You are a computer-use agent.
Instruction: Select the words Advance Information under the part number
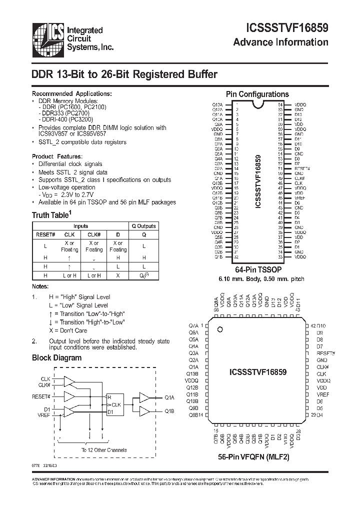(x=280, y=42)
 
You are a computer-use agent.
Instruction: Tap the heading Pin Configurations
(x=257, y=94)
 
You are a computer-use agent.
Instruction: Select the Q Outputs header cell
(x=144, y=226)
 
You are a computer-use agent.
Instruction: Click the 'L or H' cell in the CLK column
(x=69, y=275)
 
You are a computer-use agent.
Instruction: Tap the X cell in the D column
(x=118, y=275)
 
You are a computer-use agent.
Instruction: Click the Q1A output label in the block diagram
(x=169, y=397)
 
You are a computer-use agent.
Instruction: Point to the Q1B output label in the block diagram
(x=169, y=412)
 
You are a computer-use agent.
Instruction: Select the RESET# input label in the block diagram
(x=41, y=396)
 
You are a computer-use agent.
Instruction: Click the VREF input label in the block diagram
(x=43, y=415)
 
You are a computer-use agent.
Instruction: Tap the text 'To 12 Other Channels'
(x=104, y=450)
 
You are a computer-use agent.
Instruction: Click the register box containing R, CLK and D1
(x=117, y=404)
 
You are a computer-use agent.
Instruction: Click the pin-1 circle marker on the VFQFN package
(x=219, y=329)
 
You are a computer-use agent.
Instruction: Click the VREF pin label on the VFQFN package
(x=323, y=394)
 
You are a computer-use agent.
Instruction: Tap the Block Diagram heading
(x=56, y=357)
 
